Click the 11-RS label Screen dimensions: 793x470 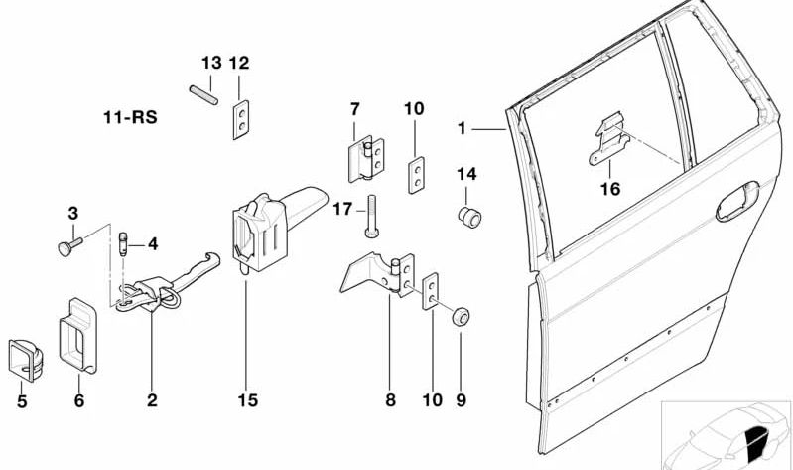[130, 118]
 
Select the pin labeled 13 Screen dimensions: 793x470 [203, 95]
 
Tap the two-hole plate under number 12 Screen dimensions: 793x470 [241, 119]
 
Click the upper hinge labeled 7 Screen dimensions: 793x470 [366, 159]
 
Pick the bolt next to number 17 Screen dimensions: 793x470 [372, 217]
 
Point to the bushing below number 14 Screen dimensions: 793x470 [469, 218]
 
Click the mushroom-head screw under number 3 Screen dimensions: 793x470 [69, 246]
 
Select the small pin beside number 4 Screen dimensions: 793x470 [123, 244]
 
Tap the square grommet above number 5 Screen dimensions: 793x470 [25, 360]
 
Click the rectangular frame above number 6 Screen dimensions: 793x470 [77, 335]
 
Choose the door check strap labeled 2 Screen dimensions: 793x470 [167, 282]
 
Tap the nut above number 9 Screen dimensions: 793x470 [461, 316]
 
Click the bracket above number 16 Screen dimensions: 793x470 [609, 138]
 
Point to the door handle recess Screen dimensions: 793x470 [737, 202]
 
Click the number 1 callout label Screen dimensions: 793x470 [461, 128]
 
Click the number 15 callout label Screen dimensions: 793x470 [247, 400]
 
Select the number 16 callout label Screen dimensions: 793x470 [610, 189]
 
